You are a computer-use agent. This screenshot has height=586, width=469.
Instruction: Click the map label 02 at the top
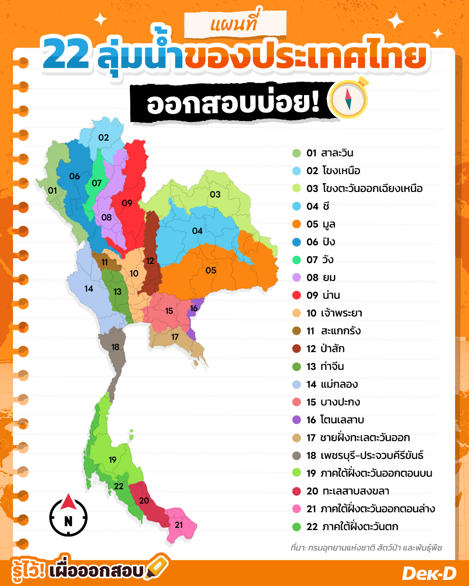pyautogui.click(x=103, y=138)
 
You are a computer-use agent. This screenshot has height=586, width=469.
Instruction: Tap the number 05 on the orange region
pyautogui.click(x=211, y=270)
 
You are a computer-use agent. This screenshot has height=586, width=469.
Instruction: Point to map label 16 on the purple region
pyautogui.click(x=194, y=308)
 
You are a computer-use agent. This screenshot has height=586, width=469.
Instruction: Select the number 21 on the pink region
pyautogui.click(x=179, y=525)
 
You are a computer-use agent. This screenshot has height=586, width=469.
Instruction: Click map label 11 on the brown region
pyautogui.click(x=105, y=262)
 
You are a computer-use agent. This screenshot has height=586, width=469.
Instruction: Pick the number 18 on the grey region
pyautogui.click(x=115, y=347)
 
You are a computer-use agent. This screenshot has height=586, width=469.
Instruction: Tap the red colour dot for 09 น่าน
pyautogui.click(x=297, y=295)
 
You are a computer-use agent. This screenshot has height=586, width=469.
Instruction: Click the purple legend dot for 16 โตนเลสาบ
pyautogui.click(x=297, y=420)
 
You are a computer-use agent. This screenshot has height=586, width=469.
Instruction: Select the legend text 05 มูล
pyautogui.click(x=321, y=224)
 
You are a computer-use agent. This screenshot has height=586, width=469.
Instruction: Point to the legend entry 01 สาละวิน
pyautogui.click(x=330, y=153)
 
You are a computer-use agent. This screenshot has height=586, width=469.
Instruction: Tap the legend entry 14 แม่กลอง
pyautogui.click(x=332, y=384)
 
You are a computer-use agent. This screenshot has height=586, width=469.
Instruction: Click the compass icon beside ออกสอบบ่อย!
pyautogui.click(x=348, y=99)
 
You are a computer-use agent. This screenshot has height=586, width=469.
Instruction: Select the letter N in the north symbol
pyautogui.click(x=68, y=521)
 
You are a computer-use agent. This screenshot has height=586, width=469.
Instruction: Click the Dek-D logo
pyautogui.click(x=429, y=573)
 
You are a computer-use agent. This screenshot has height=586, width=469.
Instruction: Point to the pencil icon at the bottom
pyautogui.click(x=157, y=567)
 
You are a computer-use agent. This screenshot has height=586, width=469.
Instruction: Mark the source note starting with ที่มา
pyautogui.click(x=366, y=548)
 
